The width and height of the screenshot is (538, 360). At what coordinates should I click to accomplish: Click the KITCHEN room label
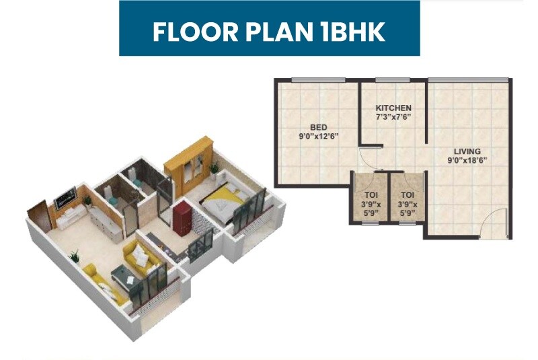coord(393,108)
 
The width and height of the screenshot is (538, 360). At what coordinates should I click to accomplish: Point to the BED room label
coord(318,127)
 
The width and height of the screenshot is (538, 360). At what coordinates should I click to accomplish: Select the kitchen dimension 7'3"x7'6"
coord(393,117)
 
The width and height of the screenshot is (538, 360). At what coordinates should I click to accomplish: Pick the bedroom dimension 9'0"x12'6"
coord(318,136)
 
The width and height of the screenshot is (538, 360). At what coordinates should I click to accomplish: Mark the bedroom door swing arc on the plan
coord(369,157)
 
